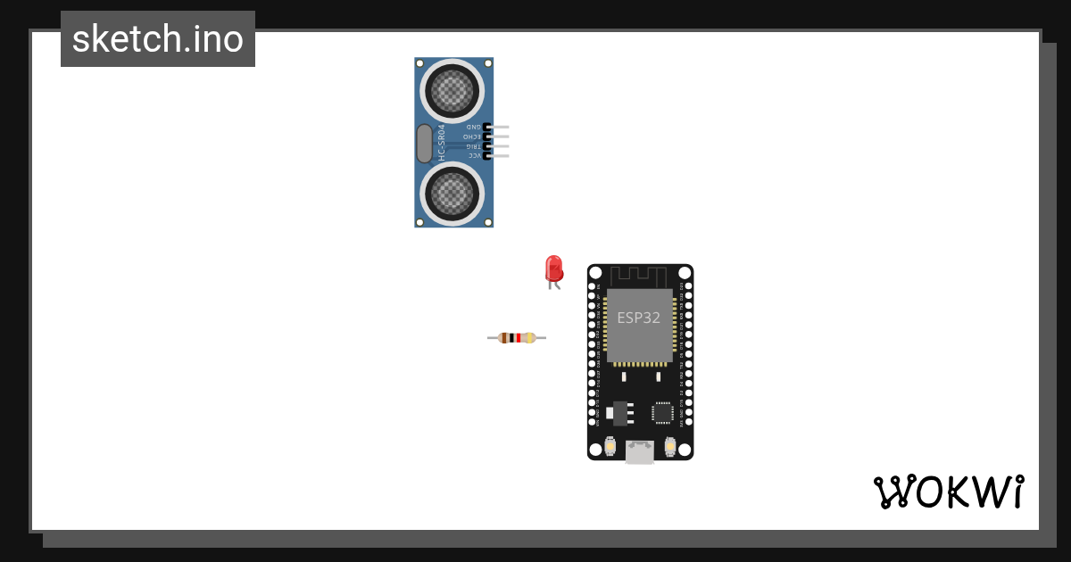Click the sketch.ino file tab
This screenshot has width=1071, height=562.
point(158,39)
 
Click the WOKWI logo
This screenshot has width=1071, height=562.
point(948,492)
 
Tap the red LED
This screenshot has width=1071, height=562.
point(553,269)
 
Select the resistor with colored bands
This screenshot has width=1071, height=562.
point(517,338)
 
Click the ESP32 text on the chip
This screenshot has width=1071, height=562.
point(639,318)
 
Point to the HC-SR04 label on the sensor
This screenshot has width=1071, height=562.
point(441,143)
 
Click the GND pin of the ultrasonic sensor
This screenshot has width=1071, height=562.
point(498,128)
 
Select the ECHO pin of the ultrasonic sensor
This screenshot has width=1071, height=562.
point(498,136)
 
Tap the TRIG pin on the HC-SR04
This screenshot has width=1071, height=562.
point(498,146)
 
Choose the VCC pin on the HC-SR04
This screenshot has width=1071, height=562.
point(498,156)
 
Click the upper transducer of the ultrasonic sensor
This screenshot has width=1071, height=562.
point(453,90)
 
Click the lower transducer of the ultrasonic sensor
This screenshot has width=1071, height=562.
point(453,193)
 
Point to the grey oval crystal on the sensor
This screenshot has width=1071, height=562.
point(425,143)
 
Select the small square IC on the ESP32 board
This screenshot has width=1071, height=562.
point(662,412)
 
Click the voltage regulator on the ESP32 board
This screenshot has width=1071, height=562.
point(618,412)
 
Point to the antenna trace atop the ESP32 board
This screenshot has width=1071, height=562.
point(639,275)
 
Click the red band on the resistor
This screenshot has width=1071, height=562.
point(519,338)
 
